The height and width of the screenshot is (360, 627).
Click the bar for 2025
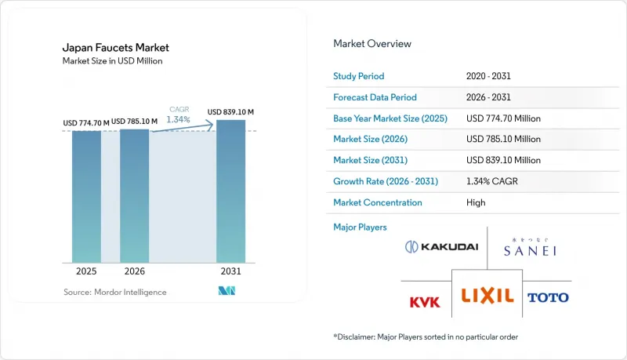pos(86,197)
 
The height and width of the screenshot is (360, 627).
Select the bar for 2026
pos(134,196)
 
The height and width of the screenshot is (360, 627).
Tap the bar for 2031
pos(230,191)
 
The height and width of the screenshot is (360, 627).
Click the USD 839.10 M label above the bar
pos(230,112)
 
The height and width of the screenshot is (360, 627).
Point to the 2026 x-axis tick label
pos(134,271)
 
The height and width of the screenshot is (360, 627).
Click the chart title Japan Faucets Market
pos(115,48)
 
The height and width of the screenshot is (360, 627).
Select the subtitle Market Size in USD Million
pos(112,61)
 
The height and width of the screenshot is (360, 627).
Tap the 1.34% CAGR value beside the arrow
pos(179,119)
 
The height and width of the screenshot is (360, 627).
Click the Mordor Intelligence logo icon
pos(227,291)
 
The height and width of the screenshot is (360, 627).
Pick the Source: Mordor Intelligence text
pos(114,292)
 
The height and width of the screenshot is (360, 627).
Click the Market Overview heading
pos(372,44)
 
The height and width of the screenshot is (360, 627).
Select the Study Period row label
pos(359,76)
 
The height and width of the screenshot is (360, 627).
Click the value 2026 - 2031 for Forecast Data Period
pos(488,97)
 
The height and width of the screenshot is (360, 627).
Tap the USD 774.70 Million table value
pos(503,118)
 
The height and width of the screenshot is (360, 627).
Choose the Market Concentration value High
pos(476,202)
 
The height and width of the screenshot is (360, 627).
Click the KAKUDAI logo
pos(441,247)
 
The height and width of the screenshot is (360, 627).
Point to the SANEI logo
pos(530,247)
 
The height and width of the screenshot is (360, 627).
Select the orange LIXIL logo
pos(487,296)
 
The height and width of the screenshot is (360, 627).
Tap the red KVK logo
pos(425,302)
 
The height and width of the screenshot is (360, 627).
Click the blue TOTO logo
pos(548,297)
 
